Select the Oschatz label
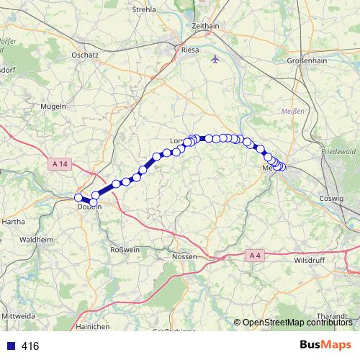(x=85, y=55)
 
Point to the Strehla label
(x=145, y=9)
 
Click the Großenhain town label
(x=307, y=61)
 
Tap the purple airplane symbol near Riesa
(x=215, y=59)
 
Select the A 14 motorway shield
(x=60, y=164)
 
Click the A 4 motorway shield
(x=254, y=255)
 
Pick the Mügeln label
(x=54, y=106)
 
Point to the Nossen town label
(x=184, y=256)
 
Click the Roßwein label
(x=123, y=249)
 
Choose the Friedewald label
(x=338, y=153)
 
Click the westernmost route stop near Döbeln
(x=78, y=197)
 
